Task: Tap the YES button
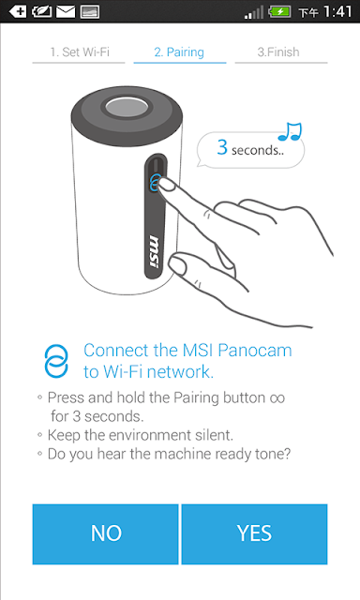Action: pos(254,533)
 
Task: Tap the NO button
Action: pos(106,533)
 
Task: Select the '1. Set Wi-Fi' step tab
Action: pos(79,52)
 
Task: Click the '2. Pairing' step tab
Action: pos(179,52)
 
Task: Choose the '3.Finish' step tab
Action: pos(278,52)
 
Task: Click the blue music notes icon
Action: pos(290,131)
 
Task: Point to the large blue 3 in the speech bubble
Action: pos(222,147)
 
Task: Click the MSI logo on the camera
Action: pos(154,252)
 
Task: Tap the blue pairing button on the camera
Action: pos(154,183)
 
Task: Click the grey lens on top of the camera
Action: pos(127,107)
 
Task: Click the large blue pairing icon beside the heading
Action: pos(56,361)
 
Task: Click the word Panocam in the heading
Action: pos(255,351)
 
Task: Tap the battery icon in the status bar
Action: pos(280,11)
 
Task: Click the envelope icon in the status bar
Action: pos(66,11)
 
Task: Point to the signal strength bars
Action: pos(254,12)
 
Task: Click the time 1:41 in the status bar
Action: pos(337,11)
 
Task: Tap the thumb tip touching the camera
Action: pos(177,264)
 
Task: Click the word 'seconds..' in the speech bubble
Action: pos(258,150)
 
